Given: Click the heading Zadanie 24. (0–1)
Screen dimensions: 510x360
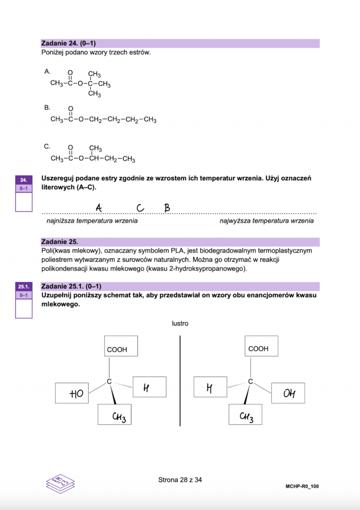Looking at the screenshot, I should coord(70,43).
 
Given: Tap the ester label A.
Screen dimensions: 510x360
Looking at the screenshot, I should coord(47,72).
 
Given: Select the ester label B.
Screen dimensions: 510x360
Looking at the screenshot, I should coord(47,108).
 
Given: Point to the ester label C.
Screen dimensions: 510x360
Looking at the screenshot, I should coord(47,146).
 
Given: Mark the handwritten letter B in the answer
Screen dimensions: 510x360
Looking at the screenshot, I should coord(167,207).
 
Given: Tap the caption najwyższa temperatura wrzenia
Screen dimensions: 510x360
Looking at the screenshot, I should coord(267,221).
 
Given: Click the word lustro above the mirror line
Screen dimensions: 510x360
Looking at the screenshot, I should coord(180,324).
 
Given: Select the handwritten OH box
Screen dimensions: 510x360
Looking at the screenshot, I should coord(288,393).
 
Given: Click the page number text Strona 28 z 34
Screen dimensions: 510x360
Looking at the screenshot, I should coord(180,480).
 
